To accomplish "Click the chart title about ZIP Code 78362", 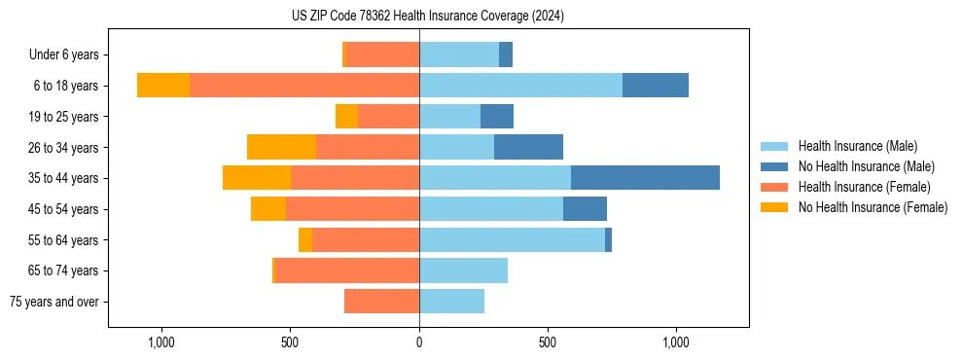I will pos(428,17).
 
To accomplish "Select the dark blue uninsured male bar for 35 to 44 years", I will pos(645,178).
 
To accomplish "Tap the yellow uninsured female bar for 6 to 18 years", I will pos(163,86).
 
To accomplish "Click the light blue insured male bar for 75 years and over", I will pos(451,302).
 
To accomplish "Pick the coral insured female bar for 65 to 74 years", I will pos(347,270).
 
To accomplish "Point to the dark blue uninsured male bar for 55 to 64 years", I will pos(608,239).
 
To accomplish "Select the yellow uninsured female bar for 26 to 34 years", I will pos(281,147).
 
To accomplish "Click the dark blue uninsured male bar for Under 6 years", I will pos(506,54).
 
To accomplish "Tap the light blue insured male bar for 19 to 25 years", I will pos(449,117).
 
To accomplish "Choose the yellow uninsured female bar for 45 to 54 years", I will pos(268,209).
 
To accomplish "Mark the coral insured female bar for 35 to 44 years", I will pos(355,178).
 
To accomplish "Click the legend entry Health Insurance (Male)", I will pos(857,146).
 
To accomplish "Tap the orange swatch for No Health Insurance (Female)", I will pos(774,207).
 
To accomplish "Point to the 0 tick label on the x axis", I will pos(419,342).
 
